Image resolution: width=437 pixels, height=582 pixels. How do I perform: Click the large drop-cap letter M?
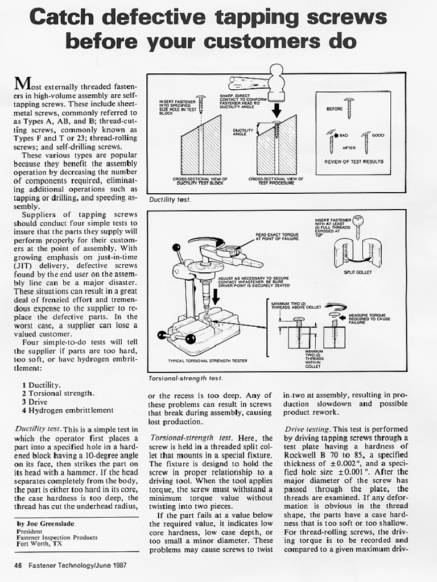click(x=22, y=84)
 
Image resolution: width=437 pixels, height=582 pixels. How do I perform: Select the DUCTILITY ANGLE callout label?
click(x=243, y=132)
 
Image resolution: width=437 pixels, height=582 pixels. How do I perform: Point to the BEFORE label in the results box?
click(x=334, y=109)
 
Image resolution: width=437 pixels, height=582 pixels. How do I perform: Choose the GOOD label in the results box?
click(x=378, y=135)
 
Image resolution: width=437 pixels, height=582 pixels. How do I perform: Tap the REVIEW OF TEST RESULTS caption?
click(x=353, y=161)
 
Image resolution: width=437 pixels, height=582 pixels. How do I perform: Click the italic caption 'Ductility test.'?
click(x=170, y=200)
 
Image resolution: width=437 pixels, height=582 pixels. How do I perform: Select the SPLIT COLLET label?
click(x=358, y=272)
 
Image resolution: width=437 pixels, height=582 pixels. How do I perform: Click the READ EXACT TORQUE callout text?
click(x=277, y=236)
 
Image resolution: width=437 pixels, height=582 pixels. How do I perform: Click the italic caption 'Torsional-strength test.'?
click(x=185, y=378)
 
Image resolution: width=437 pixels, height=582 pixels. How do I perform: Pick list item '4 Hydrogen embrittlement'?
click(x=68, y=410)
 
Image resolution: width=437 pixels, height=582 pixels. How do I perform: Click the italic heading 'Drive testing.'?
click(x=307, y=429)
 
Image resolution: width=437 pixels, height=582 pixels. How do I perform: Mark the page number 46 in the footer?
click(x=18, y=566)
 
